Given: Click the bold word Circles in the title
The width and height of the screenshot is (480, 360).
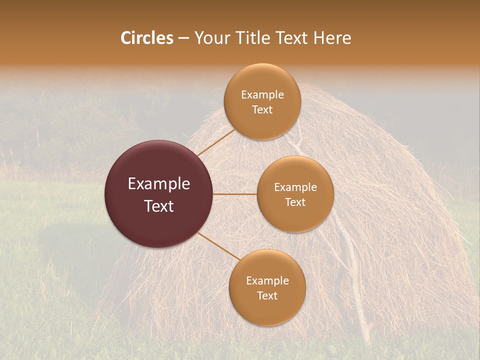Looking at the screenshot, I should pos(146,38).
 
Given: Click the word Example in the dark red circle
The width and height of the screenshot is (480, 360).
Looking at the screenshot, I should pos(158,184).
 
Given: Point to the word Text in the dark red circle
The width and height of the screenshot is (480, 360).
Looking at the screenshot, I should pos(158,206).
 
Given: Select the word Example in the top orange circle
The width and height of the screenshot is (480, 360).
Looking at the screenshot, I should pos(262,95).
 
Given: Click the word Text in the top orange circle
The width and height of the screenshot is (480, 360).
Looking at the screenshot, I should pos(262,110).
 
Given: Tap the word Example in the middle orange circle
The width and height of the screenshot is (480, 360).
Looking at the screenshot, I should pos(295,187).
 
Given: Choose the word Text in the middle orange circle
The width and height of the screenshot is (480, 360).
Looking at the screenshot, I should pos(295,202).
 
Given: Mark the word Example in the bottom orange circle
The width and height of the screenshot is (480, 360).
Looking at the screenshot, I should pos(267,281).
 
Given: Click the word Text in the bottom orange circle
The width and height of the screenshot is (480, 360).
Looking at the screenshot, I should pos(267,296).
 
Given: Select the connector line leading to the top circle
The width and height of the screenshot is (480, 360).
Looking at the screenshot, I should pos(216,142).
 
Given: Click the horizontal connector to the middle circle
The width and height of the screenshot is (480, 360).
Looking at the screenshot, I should pos(235,194).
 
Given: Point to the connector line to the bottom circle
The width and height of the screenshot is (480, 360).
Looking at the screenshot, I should pos(218,245).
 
